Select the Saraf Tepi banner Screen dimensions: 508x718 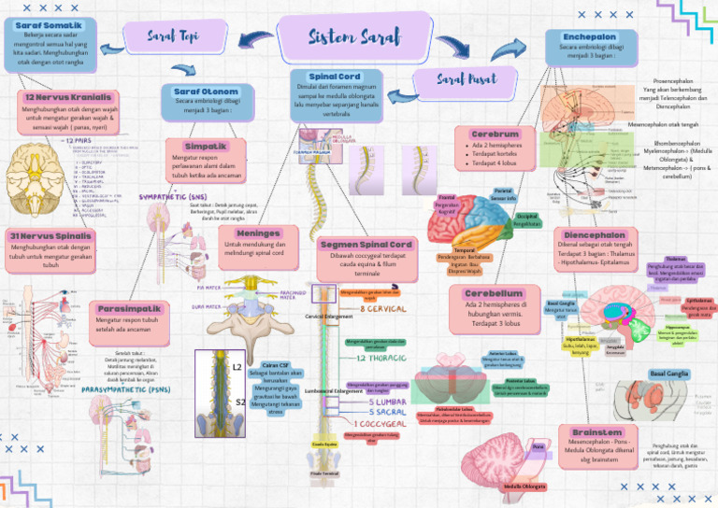[174, 35]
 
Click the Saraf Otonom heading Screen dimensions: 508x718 [207, 92]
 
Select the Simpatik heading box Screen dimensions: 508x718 [206, 147]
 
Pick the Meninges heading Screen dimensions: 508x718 [258, 233]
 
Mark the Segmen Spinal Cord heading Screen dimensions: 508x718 [366, 244]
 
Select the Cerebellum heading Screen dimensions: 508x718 [497, 293]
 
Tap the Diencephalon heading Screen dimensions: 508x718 [595, 235]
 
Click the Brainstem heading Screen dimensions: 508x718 [597, 432]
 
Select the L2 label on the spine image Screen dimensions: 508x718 [237, 368]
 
